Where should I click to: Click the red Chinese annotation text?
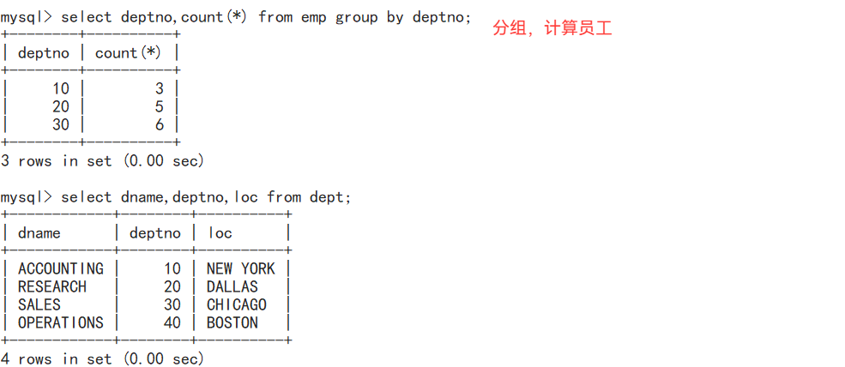point(552,28)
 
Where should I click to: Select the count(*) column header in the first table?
point(128,53)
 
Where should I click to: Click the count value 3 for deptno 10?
point(160,89)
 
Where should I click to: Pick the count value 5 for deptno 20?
point(160,107)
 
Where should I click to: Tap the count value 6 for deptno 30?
point(160,125)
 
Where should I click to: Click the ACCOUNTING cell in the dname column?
point(60,269)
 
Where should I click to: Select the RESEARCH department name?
point(51,287)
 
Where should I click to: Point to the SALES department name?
point(39,305)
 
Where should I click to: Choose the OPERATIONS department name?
point(60,323)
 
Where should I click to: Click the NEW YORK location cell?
point(240,269)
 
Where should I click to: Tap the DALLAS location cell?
point(232,287)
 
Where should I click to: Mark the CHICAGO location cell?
point(236,305)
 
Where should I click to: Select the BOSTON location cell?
point(232,323)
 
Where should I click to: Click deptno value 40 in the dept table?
point(172,323)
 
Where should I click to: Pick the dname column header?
point(39,233)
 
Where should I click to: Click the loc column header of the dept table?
point(220,233)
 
